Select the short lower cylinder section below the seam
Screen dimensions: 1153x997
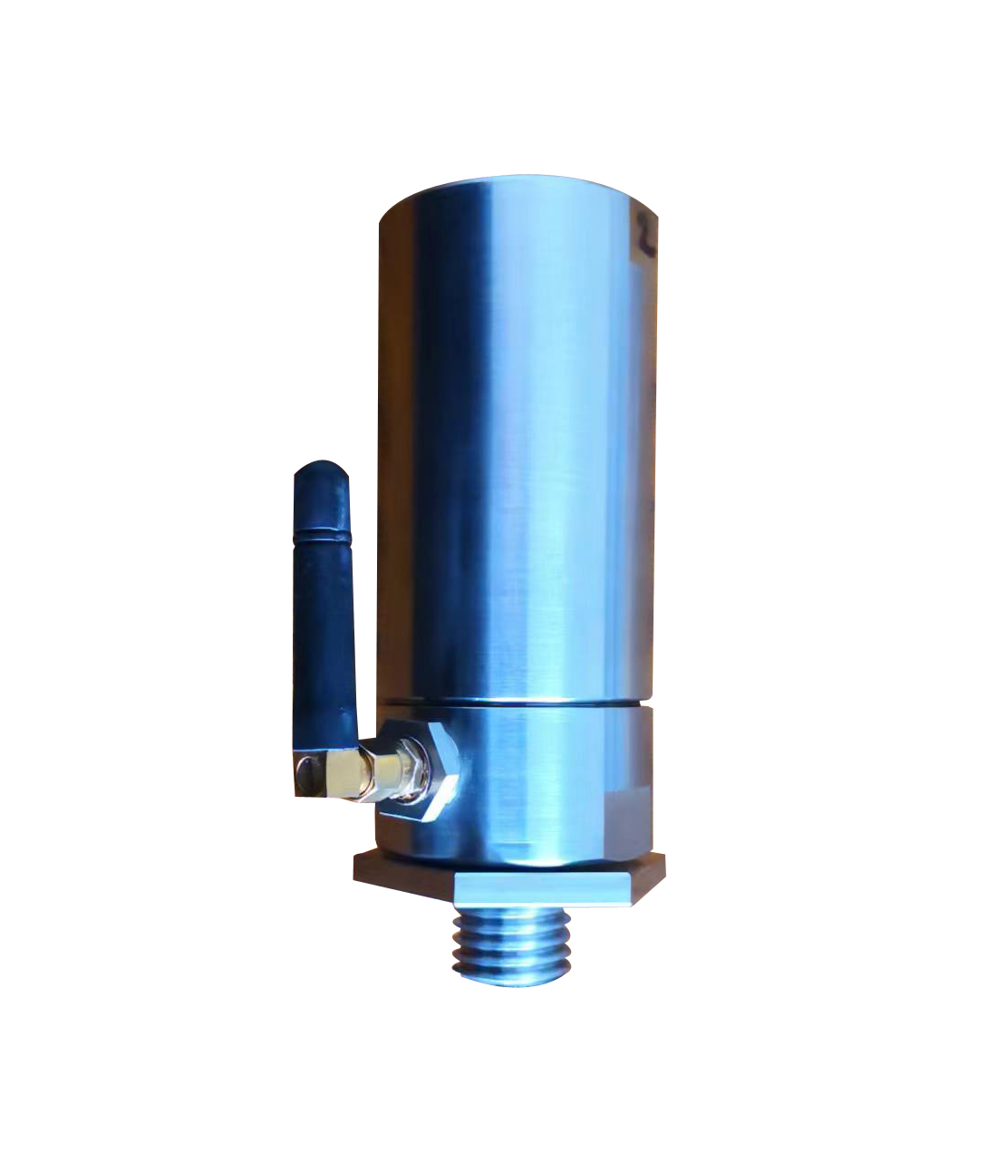(x=544, y=780)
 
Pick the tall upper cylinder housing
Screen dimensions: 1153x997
(x=517, y=435)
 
